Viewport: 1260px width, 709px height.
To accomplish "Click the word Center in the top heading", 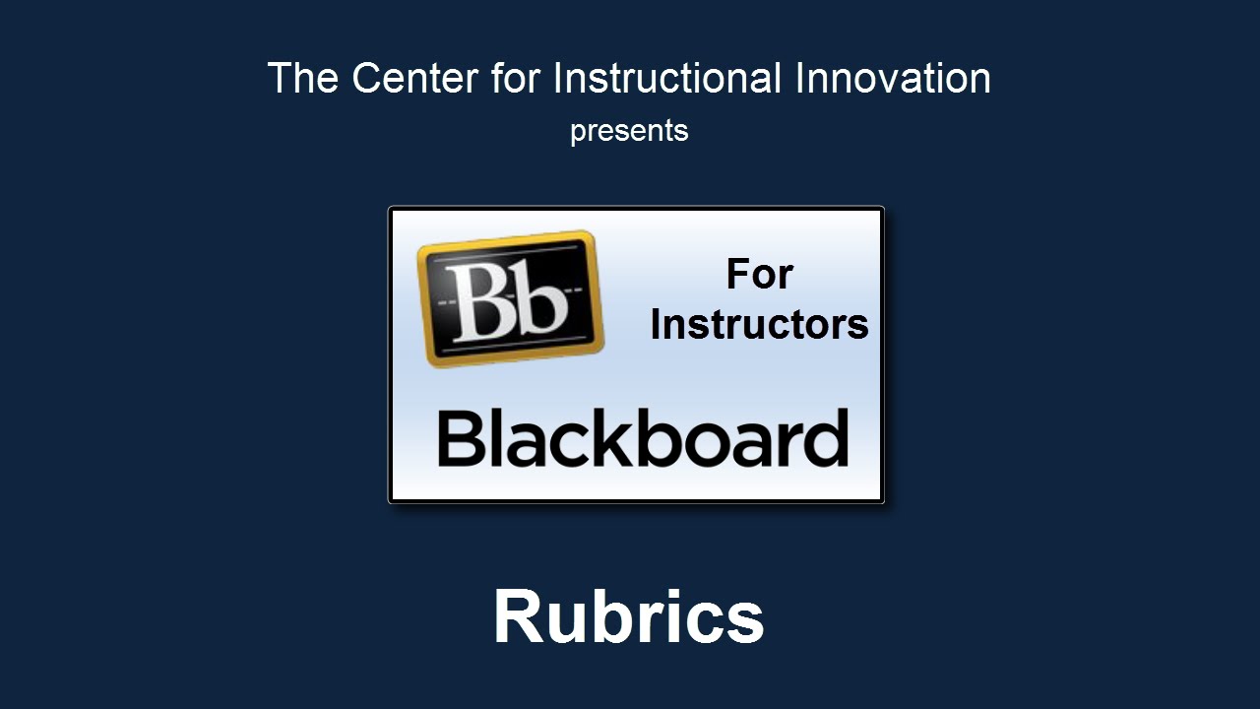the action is pyautogui.click(x=415, y=78).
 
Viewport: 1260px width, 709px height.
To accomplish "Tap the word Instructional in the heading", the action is pyautogui.click(x=667, y=78).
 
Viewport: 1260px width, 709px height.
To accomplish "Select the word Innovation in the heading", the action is pyautogui.click(x=893, y=78).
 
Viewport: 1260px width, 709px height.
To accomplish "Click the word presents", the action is pyautogui.click(x=629, y=132).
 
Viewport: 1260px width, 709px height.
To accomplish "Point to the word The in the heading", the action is pyautogui.click(x=303, y=78).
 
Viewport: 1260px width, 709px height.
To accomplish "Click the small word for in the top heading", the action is pyautogui.click(x=516, y=78).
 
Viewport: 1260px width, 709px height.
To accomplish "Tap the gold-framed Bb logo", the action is pyautogui.click(x=510, y=298).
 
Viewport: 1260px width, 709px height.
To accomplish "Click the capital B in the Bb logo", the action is pyautogui.click(x=478, y=301).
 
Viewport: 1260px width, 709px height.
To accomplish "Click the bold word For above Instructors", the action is pyautogui.click(x=759, y=275).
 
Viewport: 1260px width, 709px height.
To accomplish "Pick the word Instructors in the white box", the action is pyautogui.click(x=759, y=325).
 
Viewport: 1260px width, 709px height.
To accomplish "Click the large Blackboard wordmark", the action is pyautogui.click(x=643, y=438).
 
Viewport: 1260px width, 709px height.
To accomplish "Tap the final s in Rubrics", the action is pyautogui.click(x=743, y=623).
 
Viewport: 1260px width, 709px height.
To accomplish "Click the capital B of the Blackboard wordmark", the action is pyautogui.click(x=460, y=438).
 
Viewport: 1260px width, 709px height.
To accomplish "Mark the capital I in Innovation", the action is pyautogui.click(x=800, y=78).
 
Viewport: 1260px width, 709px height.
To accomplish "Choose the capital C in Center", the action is pyautogui.click(x=368, y=78).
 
